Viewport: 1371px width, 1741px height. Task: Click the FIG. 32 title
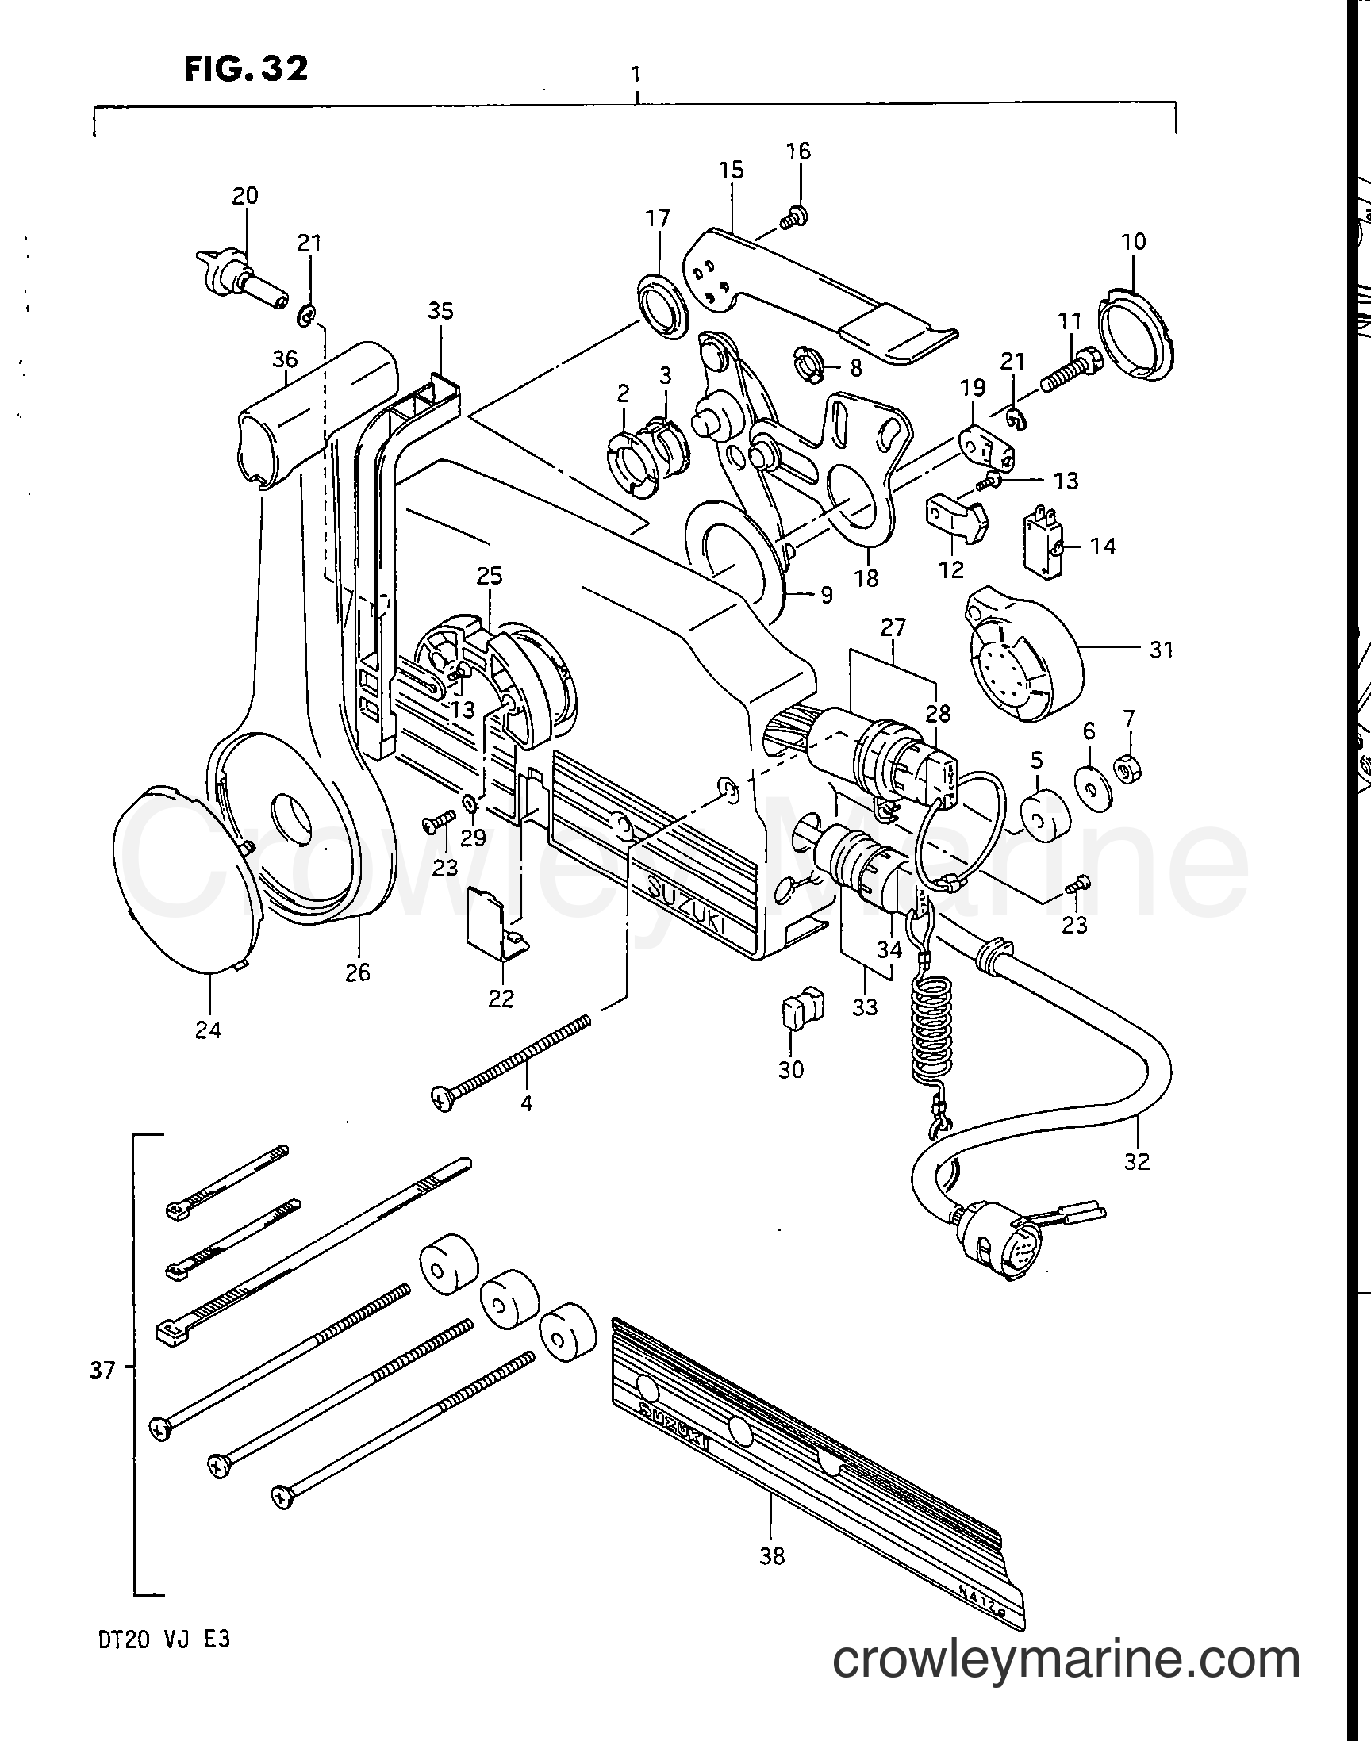tap(246, 68)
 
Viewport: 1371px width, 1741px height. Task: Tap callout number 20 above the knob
tap(246, 195)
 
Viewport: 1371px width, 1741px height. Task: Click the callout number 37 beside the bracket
tap(102, 1371)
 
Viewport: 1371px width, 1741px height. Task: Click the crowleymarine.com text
tap(1066, 1658)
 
